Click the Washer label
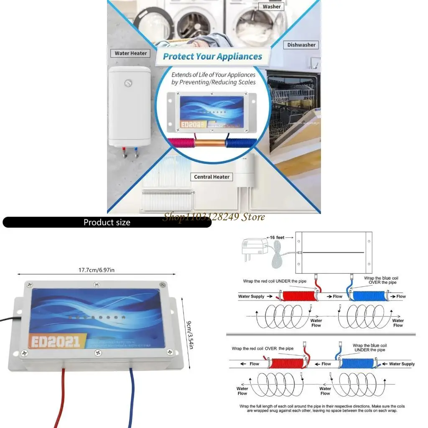272,6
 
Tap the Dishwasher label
301,45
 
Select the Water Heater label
131,53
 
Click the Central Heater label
211,177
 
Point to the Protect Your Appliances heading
212,56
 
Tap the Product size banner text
107,222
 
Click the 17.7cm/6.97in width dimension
97,270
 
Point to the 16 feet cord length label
277,237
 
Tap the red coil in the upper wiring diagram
298,296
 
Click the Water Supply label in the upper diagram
251,296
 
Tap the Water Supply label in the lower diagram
402,364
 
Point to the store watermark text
214,217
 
